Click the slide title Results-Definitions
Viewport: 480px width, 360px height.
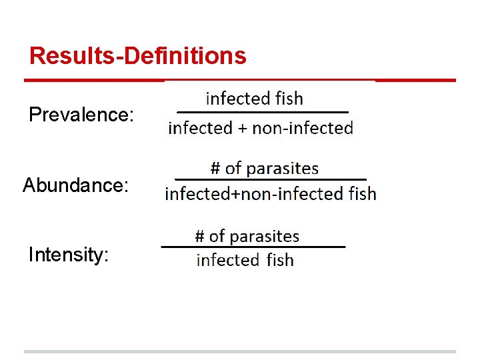point(138,55)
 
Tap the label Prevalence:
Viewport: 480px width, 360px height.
point(81,115)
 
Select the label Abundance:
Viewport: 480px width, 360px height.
point(75,185)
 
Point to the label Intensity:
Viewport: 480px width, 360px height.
point(69,254)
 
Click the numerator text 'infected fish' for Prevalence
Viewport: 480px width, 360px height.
point(255,99)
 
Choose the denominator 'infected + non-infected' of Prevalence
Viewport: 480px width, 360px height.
point(261,128)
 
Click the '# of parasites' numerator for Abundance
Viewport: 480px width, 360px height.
point(265,169)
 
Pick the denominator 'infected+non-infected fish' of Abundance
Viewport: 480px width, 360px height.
point(271,194)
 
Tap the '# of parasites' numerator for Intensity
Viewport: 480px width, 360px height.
point(247,236)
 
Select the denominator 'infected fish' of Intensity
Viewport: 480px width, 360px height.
point(245,260)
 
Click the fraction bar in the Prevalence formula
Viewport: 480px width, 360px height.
point(263,112)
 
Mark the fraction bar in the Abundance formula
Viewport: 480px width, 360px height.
point(271,179)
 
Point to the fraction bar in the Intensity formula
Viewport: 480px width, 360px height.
point(253,247)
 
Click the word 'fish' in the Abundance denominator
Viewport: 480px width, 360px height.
point(361,194)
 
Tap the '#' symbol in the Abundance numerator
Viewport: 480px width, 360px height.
point(215,169)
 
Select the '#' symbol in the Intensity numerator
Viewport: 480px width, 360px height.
point(199,236)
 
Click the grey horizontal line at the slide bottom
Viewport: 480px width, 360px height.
point(240,351)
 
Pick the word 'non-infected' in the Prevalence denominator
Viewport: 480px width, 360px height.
point(303,128)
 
